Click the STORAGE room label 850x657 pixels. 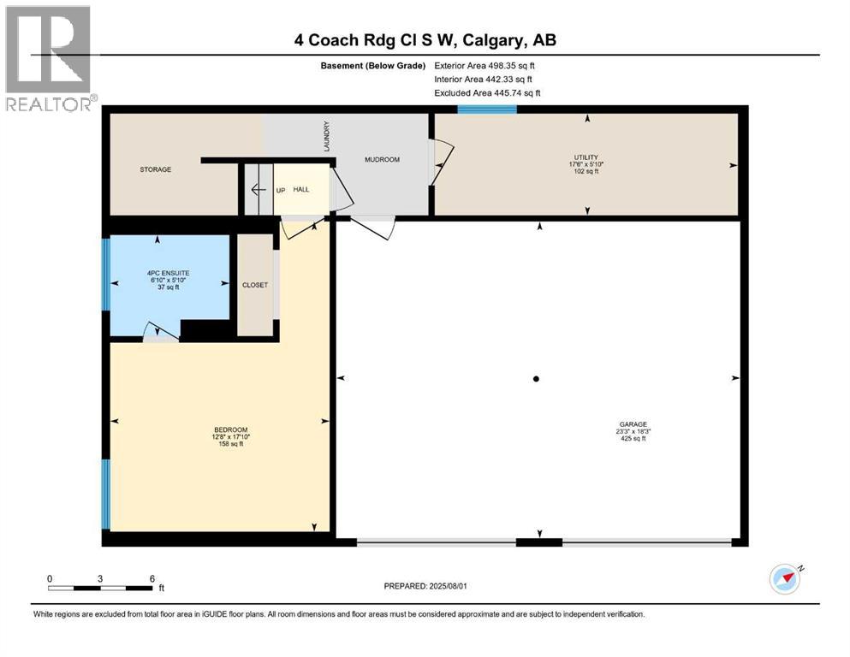(x=156, y=169)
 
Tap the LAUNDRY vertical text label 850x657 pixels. (x=326, y=136)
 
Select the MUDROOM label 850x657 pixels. (x=382, y=160)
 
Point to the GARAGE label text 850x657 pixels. (x=633, y=423)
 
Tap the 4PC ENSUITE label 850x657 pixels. (x=166, y=275)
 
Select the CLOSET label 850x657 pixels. (x=255, y=285)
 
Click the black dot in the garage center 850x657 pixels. (x=536, y=379)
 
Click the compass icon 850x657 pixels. (x=785, y=579)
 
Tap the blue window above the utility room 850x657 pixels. (x=486, y=109)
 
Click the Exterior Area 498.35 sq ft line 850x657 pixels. (x=485, y=65)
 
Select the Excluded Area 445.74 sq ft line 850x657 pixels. (x=487, y=92)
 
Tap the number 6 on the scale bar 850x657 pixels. (x=152, y=578)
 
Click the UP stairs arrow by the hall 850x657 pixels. (x=258, y=189)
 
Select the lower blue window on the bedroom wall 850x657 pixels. (x=106, y=494)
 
